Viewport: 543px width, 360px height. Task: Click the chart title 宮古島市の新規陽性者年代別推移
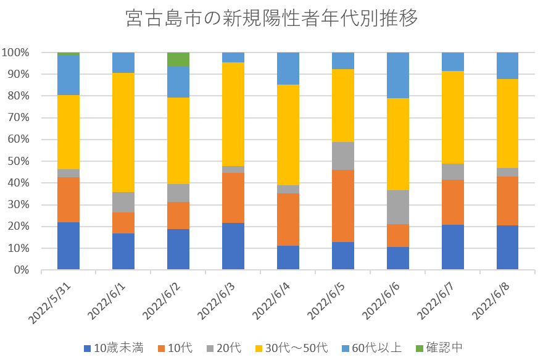(x=271, y=19)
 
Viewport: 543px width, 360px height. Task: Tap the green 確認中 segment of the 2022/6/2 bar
(x=178, y=59)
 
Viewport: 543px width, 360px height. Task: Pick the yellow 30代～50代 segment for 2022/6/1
(x=123, y=132)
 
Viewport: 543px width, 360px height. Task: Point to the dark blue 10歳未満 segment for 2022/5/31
(x=68, y=246)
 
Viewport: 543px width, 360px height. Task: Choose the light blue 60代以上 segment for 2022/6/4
(x=288, y=69)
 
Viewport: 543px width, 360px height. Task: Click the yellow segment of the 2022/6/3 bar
(x=233, y=114)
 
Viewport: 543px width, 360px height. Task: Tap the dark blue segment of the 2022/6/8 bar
(x=508, y=248)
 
